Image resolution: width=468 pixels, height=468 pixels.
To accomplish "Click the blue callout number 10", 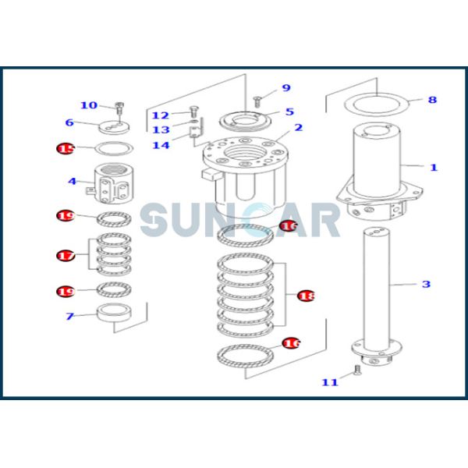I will pyautogui.click(x=89, y=105).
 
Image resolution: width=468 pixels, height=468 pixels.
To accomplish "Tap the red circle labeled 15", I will pyautogui.click(x=66, y=148).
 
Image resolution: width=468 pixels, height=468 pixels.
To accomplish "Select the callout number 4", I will pyautogui.click(x=72, y=182).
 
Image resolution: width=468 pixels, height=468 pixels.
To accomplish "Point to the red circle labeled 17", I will pyautogui.click(x=66, y=255).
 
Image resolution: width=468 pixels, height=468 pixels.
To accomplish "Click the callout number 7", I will pyautogui.click(x=69, y=316).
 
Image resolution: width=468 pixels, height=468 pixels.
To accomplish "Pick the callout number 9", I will pyautogui.click(x=286, y=88).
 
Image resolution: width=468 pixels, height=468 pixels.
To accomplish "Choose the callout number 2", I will pyautogui.click(x=298, y=128).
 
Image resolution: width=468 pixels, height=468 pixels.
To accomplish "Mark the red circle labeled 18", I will pyautogui.click(x=307, y=296).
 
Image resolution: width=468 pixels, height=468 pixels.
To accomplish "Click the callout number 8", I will pyautogui.click(x=432, y=100).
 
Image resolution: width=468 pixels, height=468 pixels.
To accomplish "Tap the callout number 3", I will pyautogui.click(x=426, y=284).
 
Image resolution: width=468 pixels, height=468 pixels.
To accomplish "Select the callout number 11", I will pyautogui.click(x=329, y=381).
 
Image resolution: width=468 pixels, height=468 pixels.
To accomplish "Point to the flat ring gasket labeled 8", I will pyautogui.click(x=378, y=103).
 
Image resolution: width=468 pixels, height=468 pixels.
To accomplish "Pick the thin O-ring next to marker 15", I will pyautogui.click(x=114, y=148).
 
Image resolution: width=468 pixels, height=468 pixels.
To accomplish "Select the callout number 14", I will pyautogui.click(x=160, y=145).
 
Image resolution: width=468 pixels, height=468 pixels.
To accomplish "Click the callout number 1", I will pyautogui.click(x=434, y=167).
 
